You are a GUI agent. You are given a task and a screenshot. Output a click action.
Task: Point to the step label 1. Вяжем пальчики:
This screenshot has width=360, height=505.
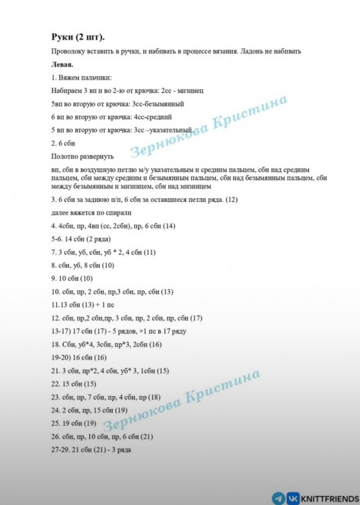[82, 77]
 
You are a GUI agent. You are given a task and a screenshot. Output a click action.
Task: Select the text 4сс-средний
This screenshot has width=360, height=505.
[152, 116]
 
